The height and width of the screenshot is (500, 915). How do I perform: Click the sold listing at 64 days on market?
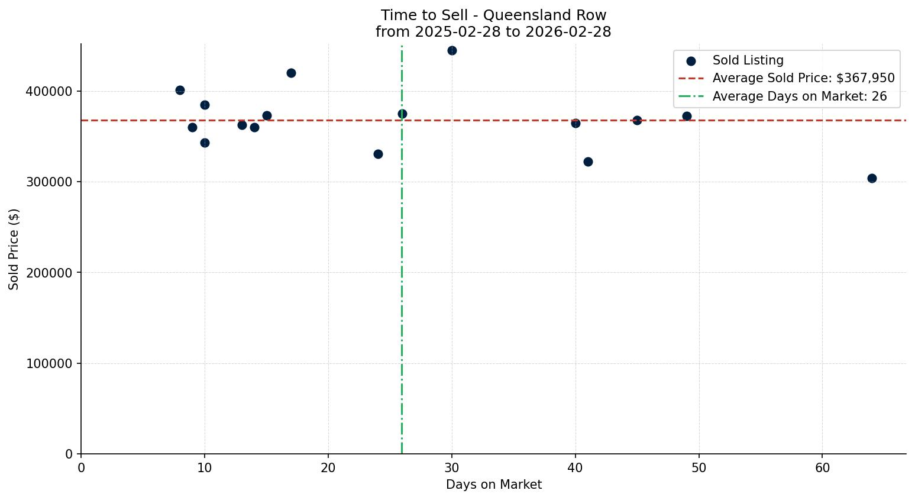click(872, 178)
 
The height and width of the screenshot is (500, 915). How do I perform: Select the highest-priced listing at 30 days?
click(452, 50)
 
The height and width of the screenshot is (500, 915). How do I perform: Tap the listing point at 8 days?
click(180, 90)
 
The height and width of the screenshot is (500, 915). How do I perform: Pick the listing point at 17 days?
click(291, 73)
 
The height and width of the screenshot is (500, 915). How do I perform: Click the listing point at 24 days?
click(378, 154)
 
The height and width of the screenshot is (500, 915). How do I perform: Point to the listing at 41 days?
click(588, 162)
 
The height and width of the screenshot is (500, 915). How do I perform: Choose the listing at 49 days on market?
click(687, 116)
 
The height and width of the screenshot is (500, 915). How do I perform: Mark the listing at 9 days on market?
click(192, 127)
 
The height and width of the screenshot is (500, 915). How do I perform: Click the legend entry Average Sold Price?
click(803, 78)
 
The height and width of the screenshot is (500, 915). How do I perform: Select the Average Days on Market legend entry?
click(799, 96)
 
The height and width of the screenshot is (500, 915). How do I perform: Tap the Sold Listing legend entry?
click(748, 60)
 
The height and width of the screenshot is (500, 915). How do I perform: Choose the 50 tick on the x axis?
click(699, 468)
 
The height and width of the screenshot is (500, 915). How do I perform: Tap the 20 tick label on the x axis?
click(328, 468)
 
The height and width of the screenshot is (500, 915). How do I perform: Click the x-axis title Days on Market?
click(493, 485)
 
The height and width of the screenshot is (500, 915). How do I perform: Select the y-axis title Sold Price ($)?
click(14, 249)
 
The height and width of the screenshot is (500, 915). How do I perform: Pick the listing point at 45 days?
click(637, 120)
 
